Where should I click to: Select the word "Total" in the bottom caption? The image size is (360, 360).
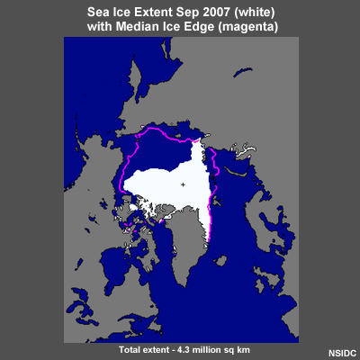(131, 347)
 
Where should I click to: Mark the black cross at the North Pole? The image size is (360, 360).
(183, 184)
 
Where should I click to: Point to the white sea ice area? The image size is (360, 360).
(162, 180)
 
